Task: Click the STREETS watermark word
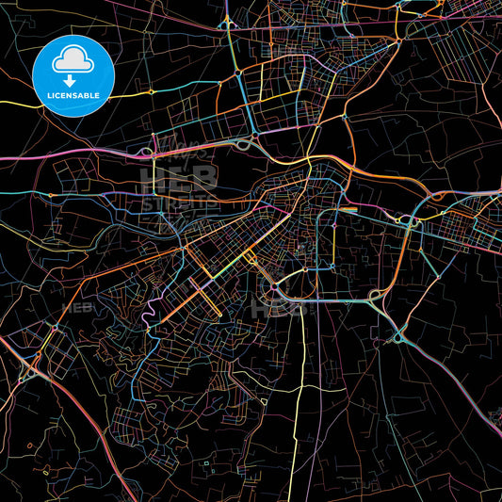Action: click(178, 201)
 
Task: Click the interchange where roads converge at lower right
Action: click(398, 333)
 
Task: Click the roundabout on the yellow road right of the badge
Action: click(151, 92)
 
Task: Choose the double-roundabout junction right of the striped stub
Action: click(410, 220)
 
